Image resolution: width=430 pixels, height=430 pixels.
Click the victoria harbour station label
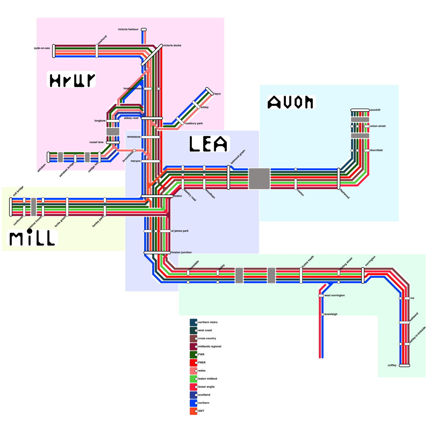tap(128, 29)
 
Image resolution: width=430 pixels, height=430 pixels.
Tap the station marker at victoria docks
tap(152, 55)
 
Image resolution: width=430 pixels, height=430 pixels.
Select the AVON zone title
tap(291, 102)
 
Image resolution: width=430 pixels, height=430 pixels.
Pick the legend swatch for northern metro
tap(193, 322)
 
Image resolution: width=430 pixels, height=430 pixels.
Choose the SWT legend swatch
tap(193, 411)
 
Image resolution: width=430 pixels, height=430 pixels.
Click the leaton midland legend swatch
tap(193, 379)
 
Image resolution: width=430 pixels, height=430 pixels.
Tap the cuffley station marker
tap(404, 365)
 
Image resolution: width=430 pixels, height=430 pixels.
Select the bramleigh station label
tap(331, 314)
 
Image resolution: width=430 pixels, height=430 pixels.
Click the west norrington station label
tap(335, 295)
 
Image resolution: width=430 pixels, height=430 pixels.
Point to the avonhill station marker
tap(360, 110)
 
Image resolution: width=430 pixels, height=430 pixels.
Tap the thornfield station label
tap(376, 150)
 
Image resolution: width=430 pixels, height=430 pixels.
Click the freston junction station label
tap(181, 252)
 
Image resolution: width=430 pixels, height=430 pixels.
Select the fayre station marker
tap(210, 91)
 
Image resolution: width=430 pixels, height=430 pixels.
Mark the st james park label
tap(180, 231)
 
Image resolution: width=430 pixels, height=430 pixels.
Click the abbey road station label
tap(131, 118)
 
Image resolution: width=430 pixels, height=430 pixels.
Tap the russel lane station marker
tap(113, 142)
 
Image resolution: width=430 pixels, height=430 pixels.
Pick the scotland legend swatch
tap(193, 395)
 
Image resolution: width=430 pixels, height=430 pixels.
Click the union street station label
tap(378, 126)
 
